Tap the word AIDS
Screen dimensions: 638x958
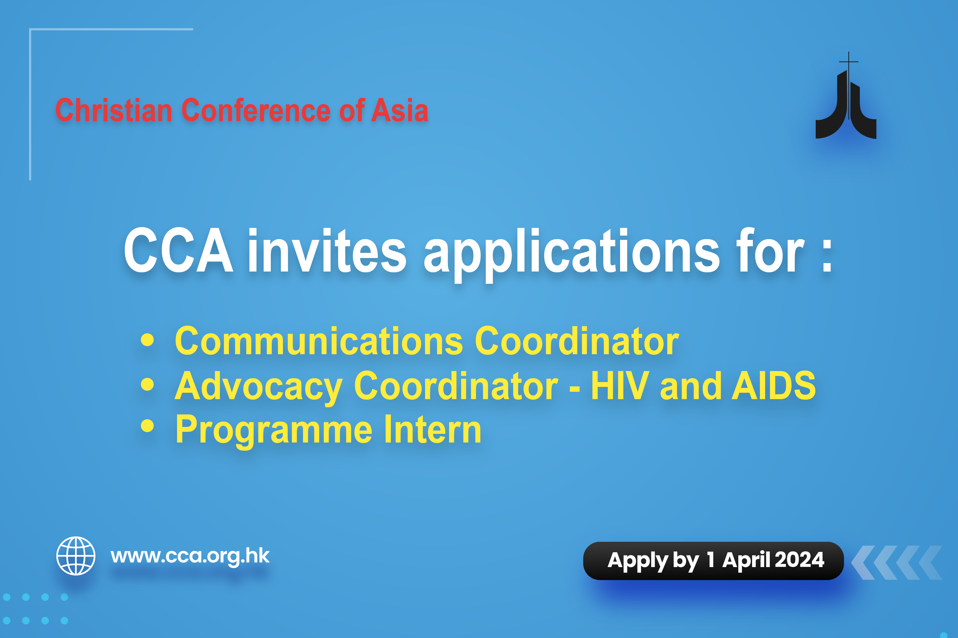tap(774, 385)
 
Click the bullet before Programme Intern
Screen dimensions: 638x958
tap(147, 426)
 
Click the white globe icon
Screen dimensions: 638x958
tap(76, 556)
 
